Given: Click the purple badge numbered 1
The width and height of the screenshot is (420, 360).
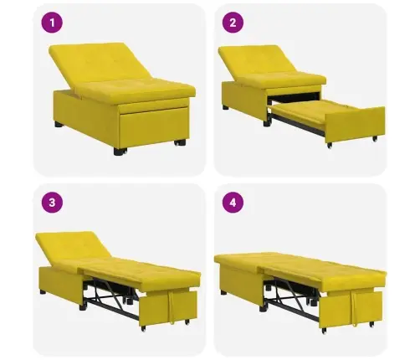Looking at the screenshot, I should point(54,23).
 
